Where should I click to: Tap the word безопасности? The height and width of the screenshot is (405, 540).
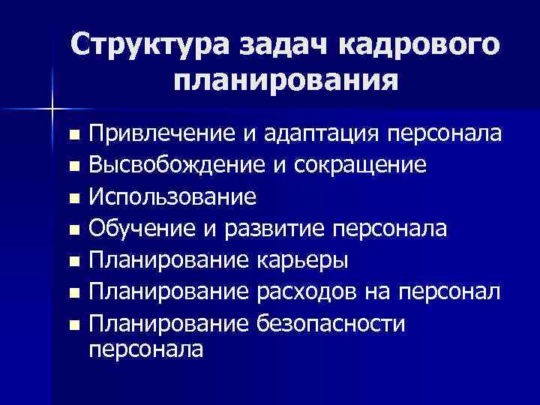point(331,325)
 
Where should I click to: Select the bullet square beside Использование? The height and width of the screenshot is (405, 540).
point(72,199)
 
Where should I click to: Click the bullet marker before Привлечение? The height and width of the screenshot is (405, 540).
point(72,136)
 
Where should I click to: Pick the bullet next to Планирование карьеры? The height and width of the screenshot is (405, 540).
point(72,263)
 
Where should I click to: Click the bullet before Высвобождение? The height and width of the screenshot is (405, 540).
point(72,167)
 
